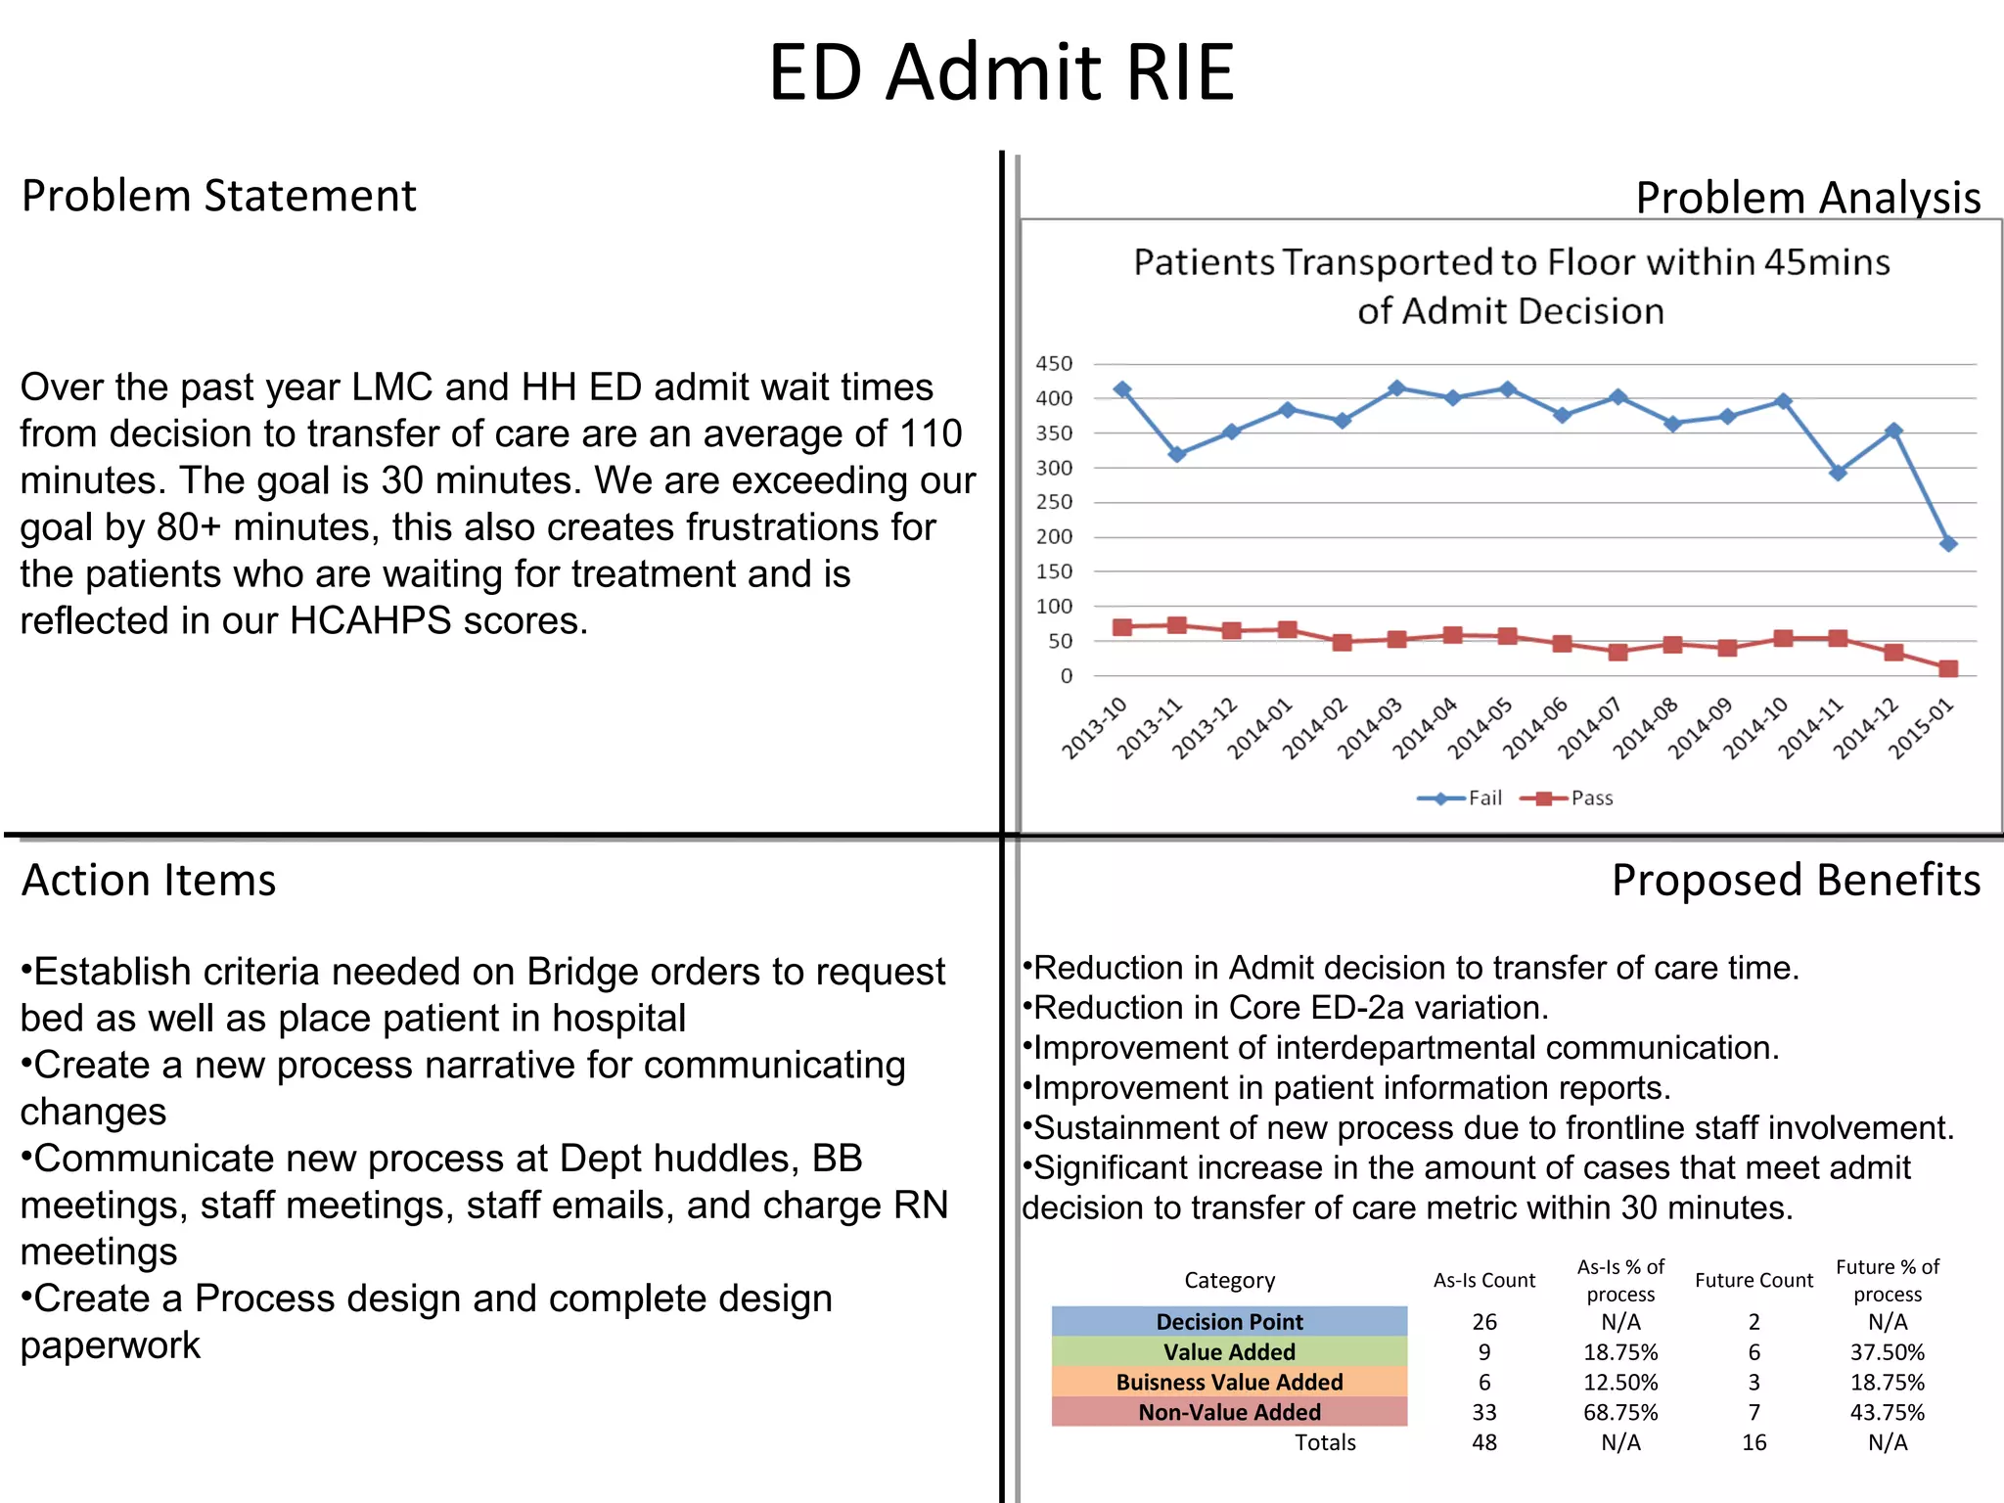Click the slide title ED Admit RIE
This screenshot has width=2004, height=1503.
[1001, 72]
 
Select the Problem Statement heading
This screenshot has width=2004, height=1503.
[218, 196]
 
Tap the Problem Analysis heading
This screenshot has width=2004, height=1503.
[1807, 198]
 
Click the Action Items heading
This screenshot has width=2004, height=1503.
[149, 880]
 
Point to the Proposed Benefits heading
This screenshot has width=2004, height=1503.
[1796, 880]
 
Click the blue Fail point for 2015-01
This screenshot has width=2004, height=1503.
[1948, 543]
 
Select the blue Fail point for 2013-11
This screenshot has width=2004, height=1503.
[1177, 454]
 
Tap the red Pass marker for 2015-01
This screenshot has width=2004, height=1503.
[1948, 669]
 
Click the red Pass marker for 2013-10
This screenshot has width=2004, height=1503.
[1122, 627]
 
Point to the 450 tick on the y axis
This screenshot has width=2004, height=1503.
[1054, 364]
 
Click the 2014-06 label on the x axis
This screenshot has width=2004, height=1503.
[1536, 729]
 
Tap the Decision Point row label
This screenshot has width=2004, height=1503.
[1229, 1322]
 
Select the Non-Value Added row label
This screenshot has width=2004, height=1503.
[1229, 1412]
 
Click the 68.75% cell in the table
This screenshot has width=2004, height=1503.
[1620, 1412]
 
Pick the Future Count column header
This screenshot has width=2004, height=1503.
[1753, 1280]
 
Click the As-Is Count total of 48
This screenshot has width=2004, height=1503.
[1484, 1442]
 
